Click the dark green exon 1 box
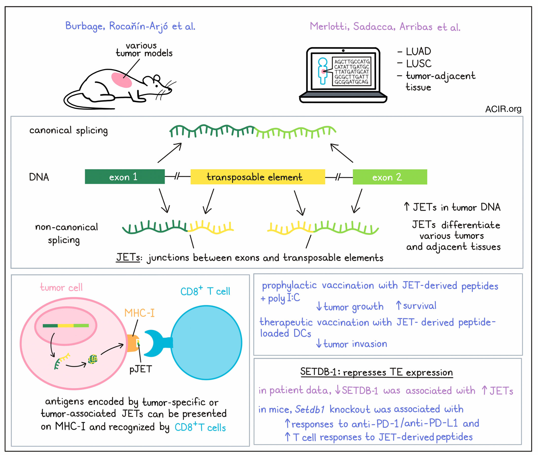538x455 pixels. (x=125, y=177)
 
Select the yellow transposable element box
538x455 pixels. (x=258, y=177)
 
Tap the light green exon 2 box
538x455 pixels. (x=390, y=177)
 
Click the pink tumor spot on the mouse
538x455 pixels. (x=121, y=80)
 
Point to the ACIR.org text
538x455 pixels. (x=503, y=109)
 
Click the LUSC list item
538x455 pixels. (x=418, y=63)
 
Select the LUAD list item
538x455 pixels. (x=418, y=51)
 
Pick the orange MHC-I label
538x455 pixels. (x=140, y=313)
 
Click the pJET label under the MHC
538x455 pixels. (x=141, y=369)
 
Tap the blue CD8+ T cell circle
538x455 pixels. (x=206, y=343)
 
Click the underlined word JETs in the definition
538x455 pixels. (x=128, y=257)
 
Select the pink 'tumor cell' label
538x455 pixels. (x=61, y=287)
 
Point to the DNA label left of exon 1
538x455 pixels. (x=39, y=177)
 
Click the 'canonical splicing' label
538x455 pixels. (x=69, y=131)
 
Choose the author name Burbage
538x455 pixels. (x=84, y=26)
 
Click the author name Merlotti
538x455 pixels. (x=328, y=26)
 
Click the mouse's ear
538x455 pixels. (x=157, y=78)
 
